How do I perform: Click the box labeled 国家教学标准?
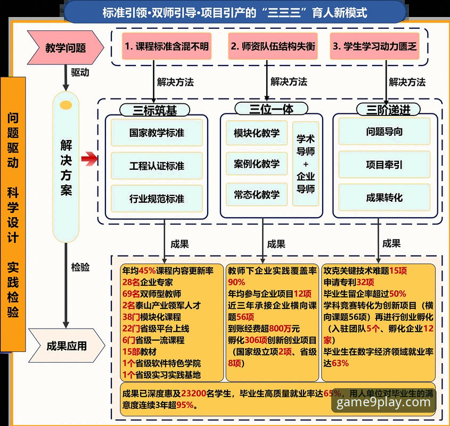pyautogui.click(x=157, y=133)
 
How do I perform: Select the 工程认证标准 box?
pyautogui.click(x=157, y=166)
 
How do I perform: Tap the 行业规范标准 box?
pyautogui.click(x=157, y=199)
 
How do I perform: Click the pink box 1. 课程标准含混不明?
pyautogui.click(x=166, y=46)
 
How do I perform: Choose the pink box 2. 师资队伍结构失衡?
pyautogui.click(x=273, y=46)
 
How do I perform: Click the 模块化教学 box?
pyautogui.click(x=256, y=133)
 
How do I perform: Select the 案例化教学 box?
pyautogui.click(x=256, y=163)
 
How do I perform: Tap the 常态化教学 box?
pyautogui.click(x=256, y=195)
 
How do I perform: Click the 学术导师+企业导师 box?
pyautogui.click(x=306, y=163)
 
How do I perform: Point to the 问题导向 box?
pyautogui.click(x=384, y=132)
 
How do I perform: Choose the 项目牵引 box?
pyautogui.click(x=384, y=165)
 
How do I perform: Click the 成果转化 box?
pyautogui.click(x=384, y=198)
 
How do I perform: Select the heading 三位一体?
pyautogui.click(x=271, y=109)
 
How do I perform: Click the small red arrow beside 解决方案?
pyautogui.click(x=90, y=158)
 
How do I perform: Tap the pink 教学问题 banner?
pyautogui.click(x=66, y=47)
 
